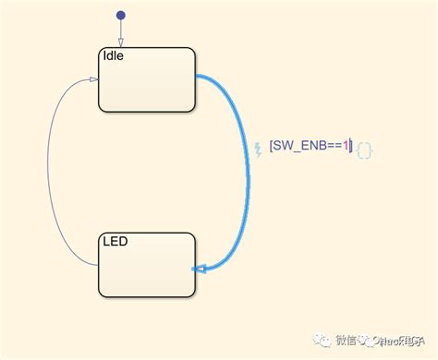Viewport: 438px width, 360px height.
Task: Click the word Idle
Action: pyautogui.click(x=113, y=56)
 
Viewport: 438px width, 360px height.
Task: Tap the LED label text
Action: pyautogui.click(x=115, y=242)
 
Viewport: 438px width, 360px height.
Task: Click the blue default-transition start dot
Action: pyautogui.click(x=120, y=16)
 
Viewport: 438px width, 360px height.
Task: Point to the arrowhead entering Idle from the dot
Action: pyautogui.click(x=120, y=43)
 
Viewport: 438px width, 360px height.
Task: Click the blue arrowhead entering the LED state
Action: pyautogui.click(x=199, y=270)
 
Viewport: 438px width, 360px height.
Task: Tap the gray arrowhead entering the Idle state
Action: pyautogui.click(x=93, y=79)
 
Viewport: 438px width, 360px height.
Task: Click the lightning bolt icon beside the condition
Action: pyautogui.click(x=258, y=148)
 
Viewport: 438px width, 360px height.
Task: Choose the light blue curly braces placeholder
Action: pyautogui.click(x=364, y=149)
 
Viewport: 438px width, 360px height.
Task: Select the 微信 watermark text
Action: pyautogui.click(x=346, y=340)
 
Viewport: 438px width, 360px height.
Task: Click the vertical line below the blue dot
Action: pyautogui.click(x=120, y=30)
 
